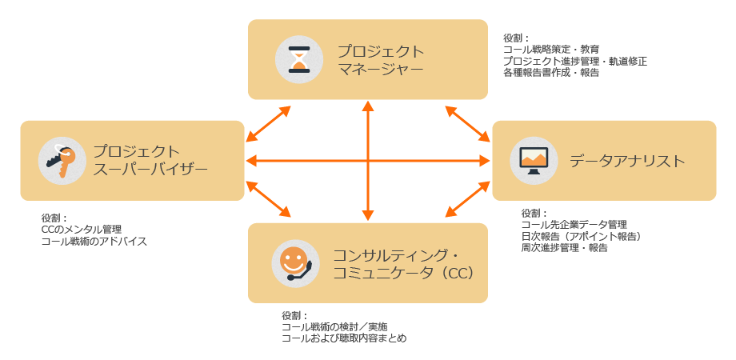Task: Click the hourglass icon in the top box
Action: (298, 59)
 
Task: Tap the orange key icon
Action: (62, 160)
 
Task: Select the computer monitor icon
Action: (534, 160)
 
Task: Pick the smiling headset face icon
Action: (294, 262)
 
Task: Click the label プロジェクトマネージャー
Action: (380, 60)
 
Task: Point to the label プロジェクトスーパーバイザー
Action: (150, 160)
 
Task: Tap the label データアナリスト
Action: (627, 161)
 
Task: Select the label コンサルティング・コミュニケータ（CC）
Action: (405, 263)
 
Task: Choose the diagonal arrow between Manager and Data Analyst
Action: (467, 124)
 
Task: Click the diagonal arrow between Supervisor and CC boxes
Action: (269, 198)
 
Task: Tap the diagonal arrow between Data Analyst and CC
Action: (467, 198)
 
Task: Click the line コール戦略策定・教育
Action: (551, 50)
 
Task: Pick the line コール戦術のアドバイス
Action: (94, 241)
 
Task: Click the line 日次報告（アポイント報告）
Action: (581, 236)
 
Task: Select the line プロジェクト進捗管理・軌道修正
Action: (575, 61)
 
